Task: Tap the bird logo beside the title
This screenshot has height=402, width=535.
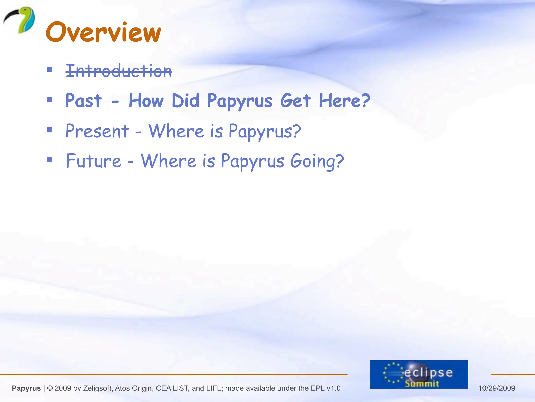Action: [x=20, y=20]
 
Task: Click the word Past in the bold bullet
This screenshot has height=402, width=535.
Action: [x=84, y=100]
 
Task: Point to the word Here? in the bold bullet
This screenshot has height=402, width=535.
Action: [x=345, y=100]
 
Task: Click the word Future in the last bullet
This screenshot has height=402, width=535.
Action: [x=94, y=161]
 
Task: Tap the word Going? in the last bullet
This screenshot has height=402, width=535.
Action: [x=317, y=161]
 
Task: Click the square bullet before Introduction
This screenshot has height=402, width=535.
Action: [x=49, y=70]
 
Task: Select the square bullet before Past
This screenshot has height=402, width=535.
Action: [x=49, y=99]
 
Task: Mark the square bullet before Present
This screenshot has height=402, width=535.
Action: [x=49, y=130]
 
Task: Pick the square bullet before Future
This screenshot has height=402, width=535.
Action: [x=49, y=160]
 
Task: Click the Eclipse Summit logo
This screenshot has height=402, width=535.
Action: [x=419, y=374]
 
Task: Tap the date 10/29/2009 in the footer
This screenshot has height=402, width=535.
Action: [x=497, y=388]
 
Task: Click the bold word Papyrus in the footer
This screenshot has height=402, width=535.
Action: [x=26, y=388]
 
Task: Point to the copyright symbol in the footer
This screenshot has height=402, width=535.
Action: [x=50, y=388]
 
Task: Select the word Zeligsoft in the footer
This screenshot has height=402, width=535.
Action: [x=97, y=388]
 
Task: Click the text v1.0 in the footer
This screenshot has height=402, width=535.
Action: [x=333, y=388]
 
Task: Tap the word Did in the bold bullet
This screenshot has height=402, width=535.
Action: [x=185, y=100]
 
